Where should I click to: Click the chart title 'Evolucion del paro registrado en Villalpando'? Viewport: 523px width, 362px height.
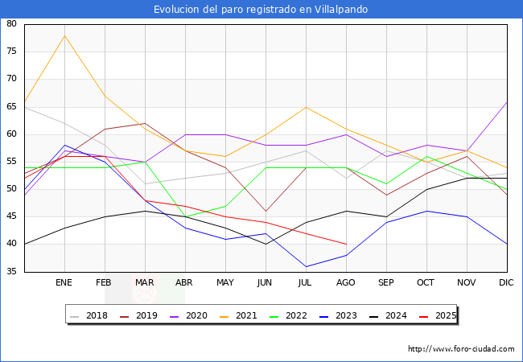(x=261, y=10)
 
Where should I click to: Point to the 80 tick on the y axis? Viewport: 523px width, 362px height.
(x=12, y=24)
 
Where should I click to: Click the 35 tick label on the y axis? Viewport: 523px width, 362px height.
(x=12, y=272)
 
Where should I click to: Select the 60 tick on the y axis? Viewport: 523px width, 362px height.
(x=12, y=134)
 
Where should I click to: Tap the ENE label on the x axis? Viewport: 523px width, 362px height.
(x=64, y=283)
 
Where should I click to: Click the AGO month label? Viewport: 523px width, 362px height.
(x=346, y=283)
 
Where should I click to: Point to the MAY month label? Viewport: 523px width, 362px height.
(x=225, y=283)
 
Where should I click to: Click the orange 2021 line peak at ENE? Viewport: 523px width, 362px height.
(x=64, y=35)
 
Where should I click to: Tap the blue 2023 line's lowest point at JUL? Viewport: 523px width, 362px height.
(x=306, y=266)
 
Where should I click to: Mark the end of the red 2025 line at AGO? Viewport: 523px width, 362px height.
(x=346, y=244)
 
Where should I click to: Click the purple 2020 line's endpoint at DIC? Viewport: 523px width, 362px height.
(x=507, y=101)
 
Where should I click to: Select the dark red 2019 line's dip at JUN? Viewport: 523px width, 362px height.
(x=266, y=211)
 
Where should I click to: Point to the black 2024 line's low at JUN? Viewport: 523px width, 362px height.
(x=266, y=244)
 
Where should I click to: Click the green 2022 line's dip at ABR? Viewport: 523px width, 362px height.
(x=185, y=216)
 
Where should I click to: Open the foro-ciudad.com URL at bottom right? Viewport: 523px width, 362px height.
(x=461, y=349)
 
